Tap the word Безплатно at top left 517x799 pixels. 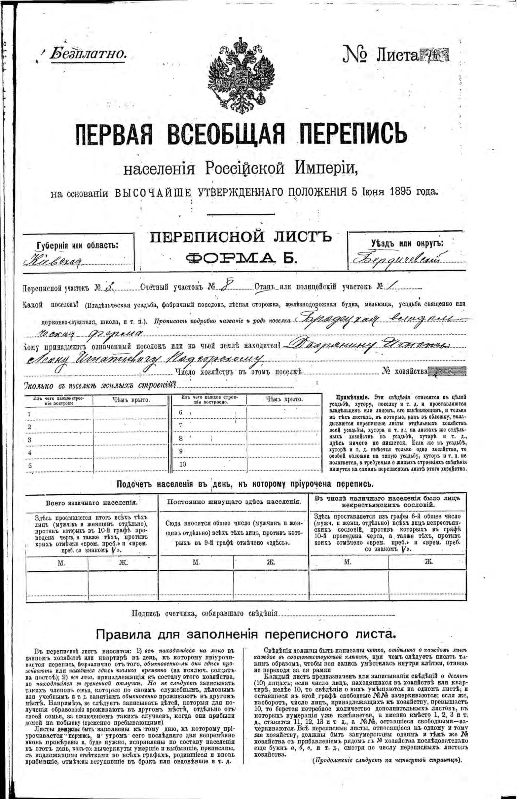(88, 54)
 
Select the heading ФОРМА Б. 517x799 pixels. (241, 257)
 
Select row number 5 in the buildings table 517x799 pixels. (30, 466)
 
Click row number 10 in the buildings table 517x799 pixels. (182, 464)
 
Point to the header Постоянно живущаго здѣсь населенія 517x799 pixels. (234, 502)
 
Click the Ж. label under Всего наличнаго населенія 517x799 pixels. (124, 563)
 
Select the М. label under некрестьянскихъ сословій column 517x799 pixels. (348, 562)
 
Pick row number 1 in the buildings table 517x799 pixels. (29, 414)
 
